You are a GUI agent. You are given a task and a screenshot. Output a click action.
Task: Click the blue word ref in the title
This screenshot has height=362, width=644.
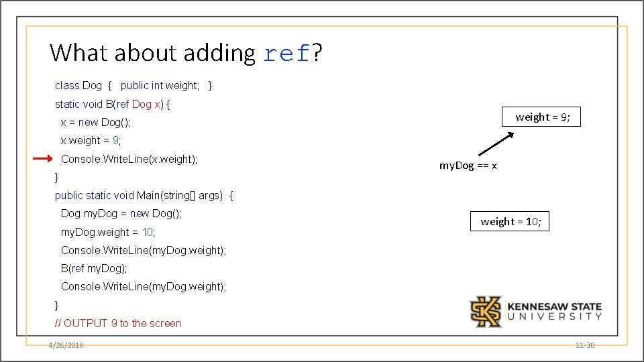point(286,53)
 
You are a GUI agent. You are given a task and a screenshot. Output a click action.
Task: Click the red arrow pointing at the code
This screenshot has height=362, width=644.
point(42,159)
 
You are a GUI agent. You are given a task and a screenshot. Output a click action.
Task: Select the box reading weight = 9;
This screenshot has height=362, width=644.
point(542,117)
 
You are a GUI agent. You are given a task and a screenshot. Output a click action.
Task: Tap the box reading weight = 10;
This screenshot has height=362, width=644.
point(511,222)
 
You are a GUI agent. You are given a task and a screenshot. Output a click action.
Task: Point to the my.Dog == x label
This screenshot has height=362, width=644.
point(468,166)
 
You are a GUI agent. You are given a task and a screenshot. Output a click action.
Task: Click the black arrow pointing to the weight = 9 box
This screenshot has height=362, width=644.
point(495,144)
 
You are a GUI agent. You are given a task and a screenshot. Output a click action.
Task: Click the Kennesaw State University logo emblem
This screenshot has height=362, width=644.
point(485,312)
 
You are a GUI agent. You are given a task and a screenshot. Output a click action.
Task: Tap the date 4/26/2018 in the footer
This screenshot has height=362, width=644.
point(66,345)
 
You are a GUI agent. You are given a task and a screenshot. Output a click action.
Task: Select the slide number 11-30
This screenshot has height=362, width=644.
point(585,345)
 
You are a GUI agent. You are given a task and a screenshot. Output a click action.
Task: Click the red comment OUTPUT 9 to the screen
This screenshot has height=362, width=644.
point(118,323)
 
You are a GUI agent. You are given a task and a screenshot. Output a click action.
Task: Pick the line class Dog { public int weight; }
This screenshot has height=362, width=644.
point(133,85)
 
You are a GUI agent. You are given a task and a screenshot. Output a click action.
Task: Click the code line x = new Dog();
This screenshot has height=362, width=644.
point(95,122)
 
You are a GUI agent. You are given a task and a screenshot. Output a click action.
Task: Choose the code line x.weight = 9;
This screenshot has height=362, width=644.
point(91,141)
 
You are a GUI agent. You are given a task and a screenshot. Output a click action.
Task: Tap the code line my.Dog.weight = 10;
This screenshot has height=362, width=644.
point(107,232)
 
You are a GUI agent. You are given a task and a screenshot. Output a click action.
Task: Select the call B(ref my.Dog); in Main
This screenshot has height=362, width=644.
point(93,268)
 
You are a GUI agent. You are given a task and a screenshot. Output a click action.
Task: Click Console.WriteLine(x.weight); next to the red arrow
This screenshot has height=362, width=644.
point(129,159)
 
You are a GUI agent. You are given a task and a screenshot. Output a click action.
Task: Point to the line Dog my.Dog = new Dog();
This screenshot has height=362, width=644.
point(121,214)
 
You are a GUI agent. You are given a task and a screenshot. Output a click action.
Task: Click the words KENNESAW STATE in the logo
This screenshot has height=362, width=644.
point(554,307)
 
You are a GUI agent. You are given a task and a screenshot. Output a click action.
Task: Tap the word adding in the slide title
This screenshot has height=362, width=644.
point(218,53)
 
